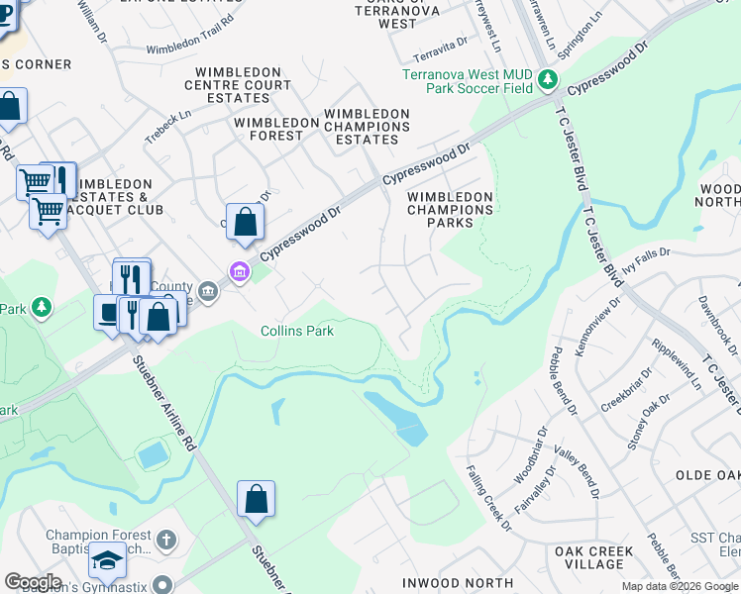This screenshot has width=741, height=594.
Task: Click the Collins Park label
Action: click(297, 331)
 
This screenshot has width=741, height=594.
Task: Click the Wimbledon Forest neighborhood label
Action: click(276, 123)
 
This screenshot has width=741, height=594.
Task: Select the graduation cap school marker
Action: click(107, 561)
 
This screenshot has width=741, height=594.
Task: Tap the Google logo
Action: click(33, 582)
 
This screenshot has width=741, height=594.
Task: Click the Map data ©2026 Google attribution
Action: click(680, 586)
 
